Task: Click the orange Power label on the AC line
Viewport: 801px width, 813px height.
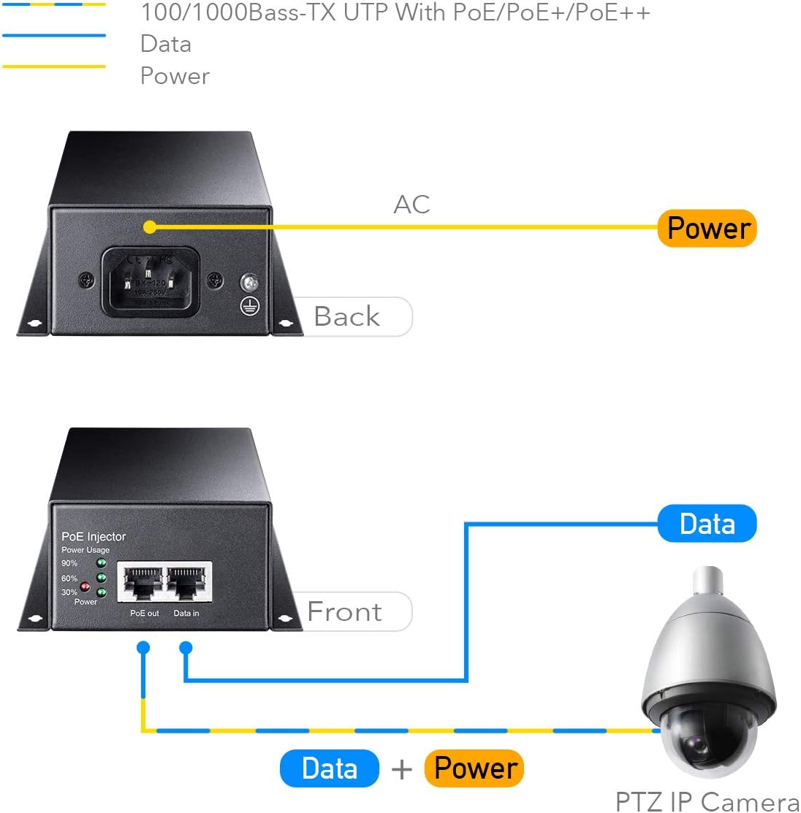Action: pyautogui.click(x=707, y=229)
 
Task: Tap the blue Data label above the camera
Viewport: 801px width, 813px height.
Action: pyautogui.click(x=707, y=524)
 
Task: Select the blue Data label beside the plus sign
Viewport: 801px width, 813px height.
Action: pyautogui.click(x=330, y=768)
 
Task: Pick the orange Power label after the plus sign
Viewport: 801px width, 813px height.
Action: pyautogui.click(x=474, y=768)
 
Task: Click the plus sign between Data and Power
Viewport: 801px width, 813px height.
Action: pyautogui.click(x=401, y=769)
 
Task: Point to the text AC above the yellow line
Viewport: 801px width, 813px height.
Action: pyautogui.click(x=411, y=205)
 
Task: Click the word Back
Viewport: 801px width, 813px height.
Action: pyautogui.click(x=346, y=317)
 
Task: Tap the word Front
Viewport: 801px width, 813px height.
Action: pyautogui.click(x=344, y=611)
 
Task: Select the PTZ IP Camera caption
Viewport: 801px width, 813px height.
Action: pyautogui.click(x=707, y=801)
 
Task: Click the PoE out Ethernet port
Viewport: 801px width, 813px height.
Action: pyautogui.click(x=143, y=582)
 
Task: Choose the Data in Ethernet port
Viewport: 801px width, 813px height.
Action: pyautogui.click(x=188, y=582)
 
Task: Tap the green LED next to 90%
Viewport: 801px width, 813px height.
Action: pyautogui.click(x=102, y=563)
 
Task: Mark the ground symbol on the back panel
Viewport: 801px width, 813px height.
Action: pyautogui.click(x=250, y=307)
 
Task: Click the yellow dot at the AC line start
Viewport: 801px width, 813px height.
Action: pyautogui.click(x=150, y=227)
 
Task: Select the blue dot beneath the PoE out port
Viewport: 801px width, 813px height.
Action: pyautogui.click(x=143, y=647)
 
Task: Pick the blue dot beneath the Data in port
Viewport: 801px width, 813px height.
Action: pyautogui.click(x=186, y=647)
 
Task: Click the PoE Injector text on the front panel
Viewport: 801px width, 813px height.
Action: pyautogui.click(x=94, y=537)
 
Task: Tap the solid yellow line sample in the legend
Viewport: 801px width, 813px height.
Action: pyautogui.click(x=54, y=66)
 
